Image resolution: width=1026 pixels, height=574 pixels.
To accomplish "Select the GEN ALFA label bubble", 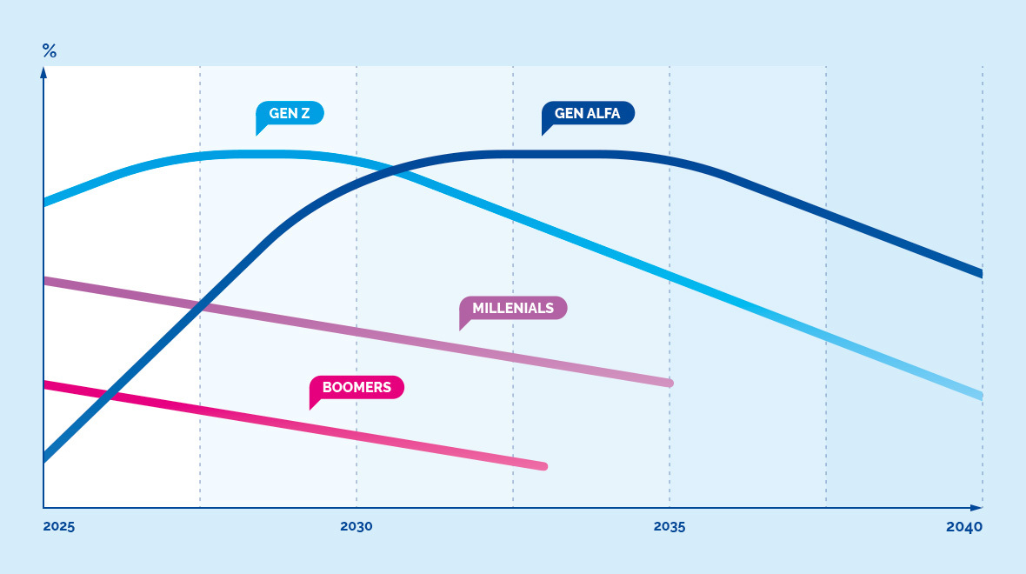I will click(588, 113).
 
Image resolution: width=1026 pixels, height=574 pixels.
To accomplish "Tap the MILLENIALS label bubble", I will click(513, 308).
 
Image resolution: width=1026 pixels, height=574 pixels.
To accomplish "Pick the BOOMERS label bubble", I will click(356, 387).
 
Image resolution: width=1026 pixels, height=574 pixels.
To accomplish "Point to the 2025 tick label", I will click(59, 527).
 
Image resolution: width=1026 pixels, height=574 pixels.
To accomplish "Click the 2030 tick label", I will click(356, 527).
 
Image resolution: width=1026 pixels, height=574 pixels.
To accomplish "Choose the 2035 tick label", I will click(670, 527).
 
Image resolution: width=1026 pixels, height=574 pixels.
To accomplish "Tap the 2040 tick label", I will click(964, 527).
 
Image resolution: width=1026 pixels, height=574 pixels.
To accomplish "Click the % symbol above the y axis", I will click(50, 50).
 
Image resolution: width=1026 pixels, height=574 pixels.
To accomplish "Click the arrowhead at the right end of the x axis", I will click(977, 507).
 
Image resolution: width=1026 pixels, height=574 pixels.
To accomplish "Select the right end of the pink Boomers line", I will click(544, 466).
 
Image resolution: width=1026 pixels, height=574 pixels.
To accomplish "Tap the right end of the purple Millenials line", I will click(670, 383).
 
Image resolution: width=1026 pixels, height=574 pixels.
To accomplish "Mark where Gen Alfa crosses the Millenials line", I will click(202, 304).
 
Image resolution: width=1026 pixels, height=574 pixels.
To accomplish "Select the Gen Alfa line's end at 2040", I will click(981, 274).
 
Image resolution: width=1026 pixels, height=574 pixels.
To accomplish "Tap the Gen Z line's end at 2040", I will click(981, 396).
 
